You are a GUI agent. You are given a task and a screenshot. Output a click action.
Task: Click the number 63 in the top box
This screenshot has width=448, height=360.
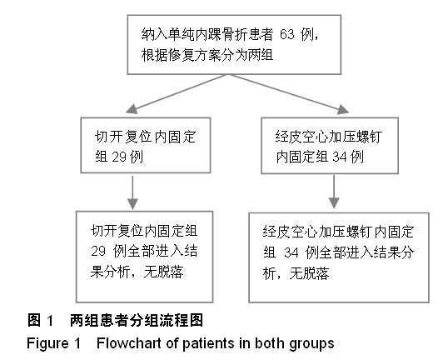coord(286,35)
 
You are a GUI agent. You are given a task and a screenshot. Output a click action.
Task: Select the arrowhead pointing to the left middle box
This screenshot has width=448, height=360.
coord(132,109)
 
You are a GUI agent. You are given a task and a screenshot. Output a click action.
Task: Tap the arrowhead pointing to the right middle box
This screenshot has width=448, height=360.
coord(343,109)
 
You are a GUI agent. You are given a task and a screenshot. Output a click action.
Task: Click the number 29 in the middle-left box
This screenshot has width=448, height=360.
coord(119,157)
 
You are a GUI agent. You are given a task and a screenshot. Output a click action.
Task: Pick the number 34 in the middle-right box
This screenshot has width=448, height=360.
coord(340,157)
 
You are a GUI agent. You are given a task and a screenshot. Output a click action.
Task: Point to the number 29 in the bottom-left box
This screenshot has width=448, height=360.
coord(98,251)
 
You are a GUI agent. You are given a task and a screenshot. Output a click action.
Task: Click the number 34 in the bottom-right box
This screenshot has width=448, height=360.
coord(291,252)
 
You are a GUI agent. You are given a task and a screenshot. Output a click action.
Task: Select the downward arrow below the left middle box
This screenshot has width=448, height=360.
coord(132,192)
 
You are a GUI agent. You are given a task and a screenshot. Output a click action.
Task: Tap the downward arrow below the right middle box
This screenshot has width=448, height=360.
coord(334,192)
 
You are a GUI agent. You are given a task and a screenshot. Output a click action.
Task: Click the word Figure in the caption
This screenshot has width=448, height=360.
coord(47,343)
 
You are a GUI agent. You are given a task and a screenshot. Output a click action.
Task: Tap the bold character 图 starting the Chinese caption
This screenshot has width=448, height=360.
coord(34,320)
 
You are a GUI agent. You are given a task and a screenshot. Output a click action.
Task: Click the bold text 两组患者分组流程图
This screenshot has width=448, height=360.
coord(137,320)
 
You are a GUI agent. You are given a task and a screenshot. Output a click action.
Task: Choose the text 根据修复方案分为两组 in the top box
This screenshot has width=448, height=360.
coord(207,55)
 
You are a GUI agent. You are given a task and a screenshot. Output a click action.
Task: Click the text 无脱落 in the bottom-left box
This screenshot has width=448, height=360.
coord(163,272)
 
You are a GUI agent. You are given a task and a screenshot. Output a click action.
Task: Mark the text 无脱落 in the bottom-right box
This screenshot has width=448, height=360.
coord(309,273)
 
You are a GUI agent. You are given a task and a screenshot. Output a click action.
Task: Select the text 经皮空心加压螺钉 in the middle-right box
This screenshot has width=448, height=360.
coord(329,137)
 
